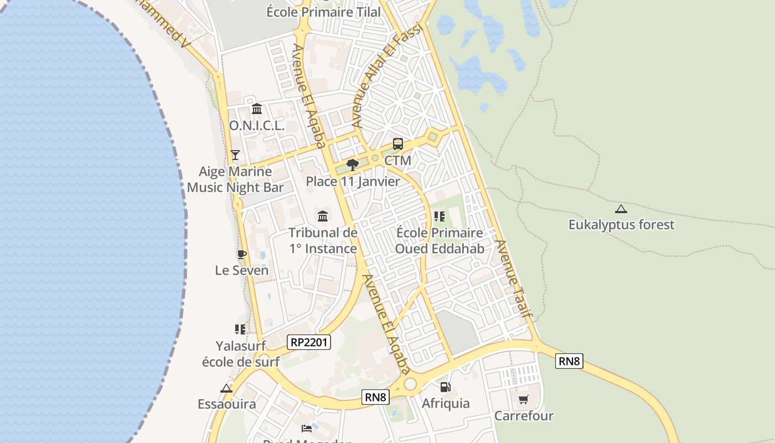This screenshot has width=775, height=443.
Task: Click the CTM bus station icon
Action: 397,144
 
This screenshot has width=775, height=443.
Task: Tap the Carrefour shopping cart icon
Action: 523,399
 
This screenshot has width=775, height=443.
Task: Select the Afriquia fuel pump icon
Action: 445,387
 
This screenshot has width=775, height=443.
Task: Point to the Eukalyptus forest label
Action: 622,225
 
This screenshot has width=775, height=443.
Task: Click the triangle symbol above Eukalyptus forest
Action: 621,209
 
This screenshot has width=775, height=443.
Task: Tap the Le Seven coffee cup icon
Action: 241,254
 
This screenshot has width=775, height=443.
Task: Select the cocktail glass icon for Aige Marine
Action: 235,154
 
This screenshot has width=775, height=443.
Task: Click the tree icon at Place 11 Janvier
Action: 352,164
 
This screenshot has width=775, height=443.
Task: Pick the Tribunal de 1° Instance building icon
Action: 323,216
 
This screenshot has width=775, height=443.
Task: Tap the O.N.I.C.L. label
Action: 257,126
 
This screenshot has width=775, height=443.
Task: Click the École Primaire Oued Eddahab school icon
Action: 440,216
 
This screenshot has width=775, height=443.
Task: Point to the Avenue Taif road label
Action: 514,279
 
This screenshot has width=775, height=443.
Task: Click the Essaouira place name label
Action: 227,404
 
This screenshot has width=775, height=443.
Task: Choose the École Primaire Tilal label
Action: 323,12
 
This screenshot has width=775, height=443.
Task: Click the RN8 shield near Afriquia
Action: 375,396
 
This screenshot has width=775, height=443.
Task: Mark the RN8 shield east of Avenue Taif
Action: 569,362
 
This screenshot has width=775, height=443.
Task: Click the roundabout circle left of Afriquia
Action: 410,384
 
